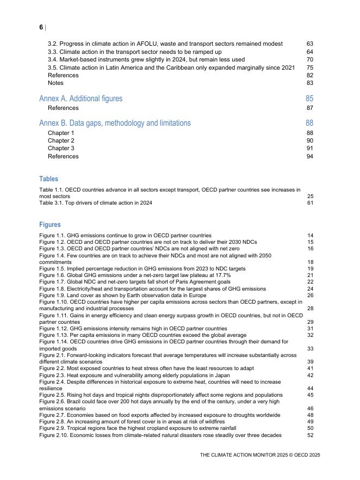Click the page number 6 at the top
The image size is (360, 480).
[x=41, y=27]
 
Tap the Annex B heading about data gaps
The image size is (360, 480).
[x=115, y=123]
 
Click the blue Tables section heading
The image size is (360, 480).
[x=48, y=179]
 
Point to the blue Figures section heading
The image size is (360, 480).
[x=50, y=225]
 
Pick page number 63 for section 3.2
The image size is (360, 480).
[x=310, y=44]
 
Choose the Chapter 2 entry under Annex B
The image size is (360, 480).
[x=61, y=141]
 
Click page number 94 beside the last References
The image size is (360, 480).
[x=310, y=157]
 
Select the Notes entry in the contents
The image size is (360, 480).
[x=55, y=83]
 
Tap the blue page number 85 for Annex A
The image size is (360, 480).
[x=309, y=99]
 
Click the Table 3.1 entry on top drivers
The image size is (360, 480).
[x=96, y=203]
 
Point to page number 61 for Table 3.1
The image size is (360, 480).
[x=311, y=203]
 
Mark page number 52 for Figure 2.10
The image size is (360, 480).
[x=311, y=435]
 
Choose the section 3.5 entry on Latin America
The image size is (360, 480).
[x=171, y=67]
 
